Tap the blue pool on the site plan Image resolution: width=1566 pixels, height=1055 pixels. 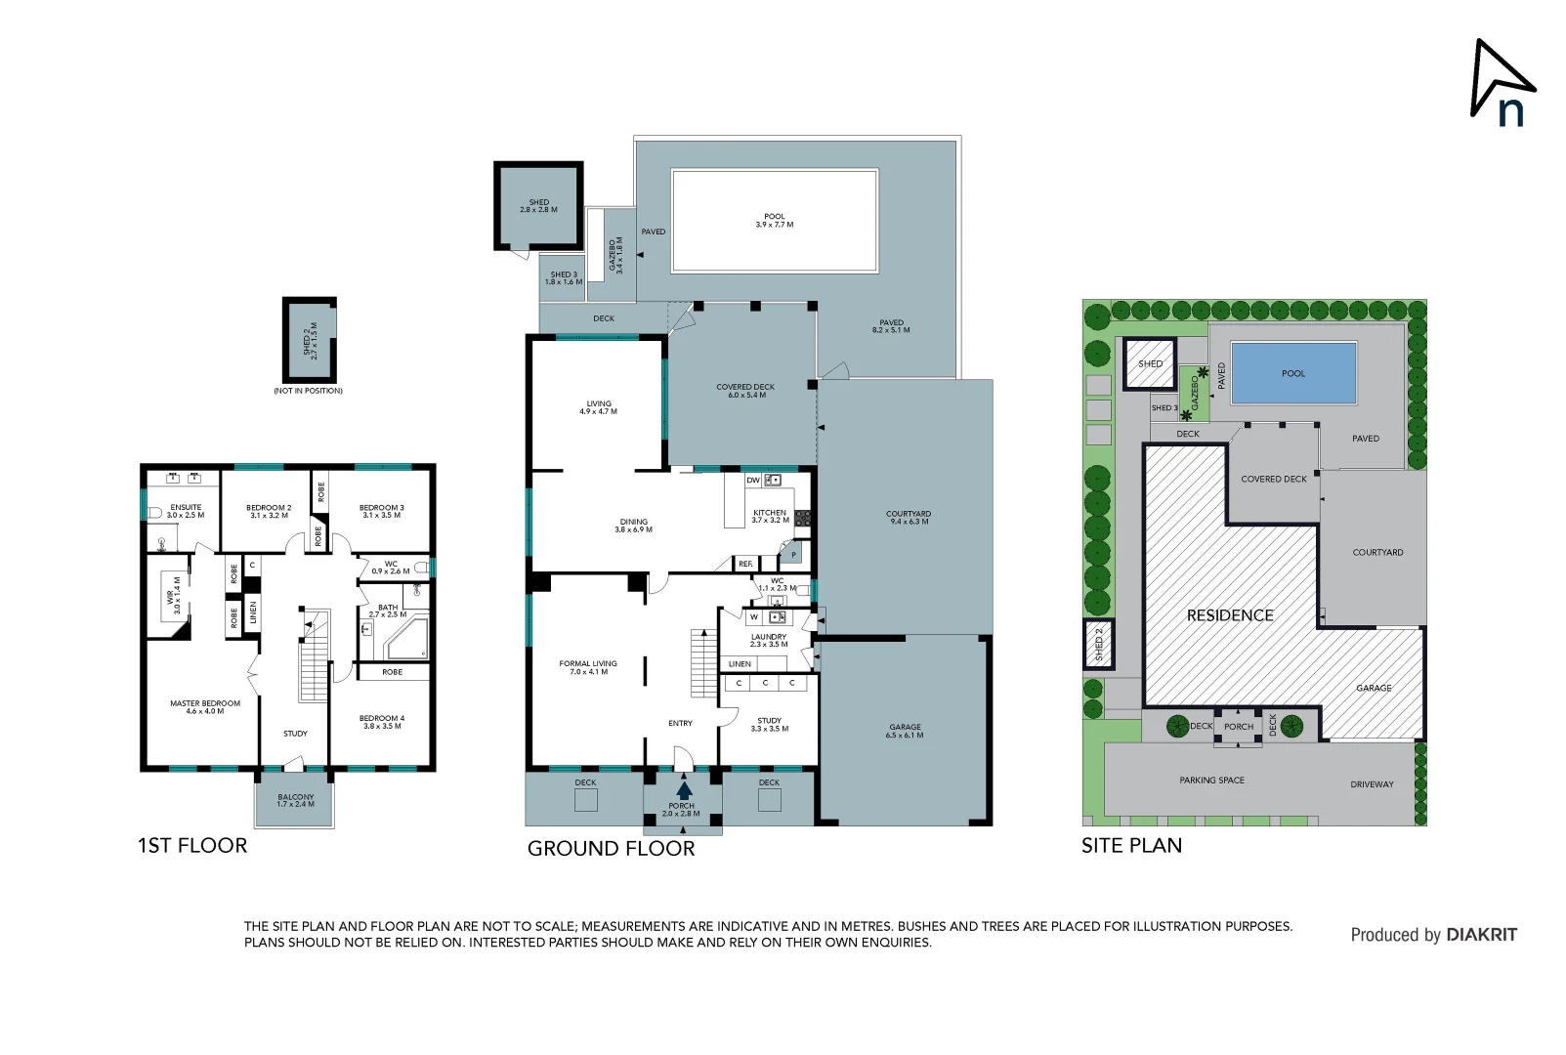pyautogui.click(x=1293, y=373)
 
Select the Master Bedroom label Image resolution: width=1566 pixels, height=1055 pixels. pyautogui.click(x=205, y=706)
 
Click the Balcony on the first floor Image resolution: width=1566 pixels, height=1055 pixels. pyautogui.click(x=295, y=800)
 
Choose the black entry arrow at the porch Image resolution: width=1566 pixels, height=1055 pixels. pyautogui.click(x=684, y=790)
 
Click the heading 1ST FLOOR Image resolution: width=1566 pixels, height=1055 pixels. pyautogui.click(x=192, y=846)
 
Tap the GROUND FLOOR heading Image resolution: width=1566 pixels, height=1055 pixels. pyautogui.click(x=611, y=849)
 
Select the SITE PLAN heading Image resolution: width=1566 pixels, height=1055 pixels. pyautogui.click(x=1131, y=846)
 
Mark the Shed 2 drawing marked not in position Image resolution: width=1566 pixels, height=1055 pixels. pyautogui.click(x=310, y=341)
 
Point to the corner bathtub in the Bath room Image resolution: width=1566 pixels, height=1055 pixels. pyautogui.click(x=407, y=640)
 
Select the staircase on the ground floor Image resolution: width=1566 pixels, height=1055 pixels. pyautogui.click(x=703, y=662)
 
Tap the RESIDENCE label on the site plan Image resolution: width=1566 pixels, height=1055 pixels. pyautogui.click(x=1230, y=615)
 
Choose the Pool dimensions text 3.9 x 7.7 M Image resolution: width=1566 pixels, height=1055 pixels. pyautogui.click(x=775, y=225)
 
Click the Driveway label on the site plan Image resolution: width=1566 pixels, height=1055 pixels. pyautogui.click(x=1372, y=784)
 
